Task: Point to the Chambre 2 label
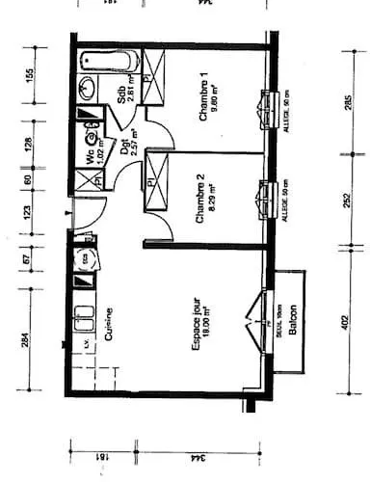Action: (x=201, y=200)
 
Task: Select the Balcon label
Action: (x=293, y=324)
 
